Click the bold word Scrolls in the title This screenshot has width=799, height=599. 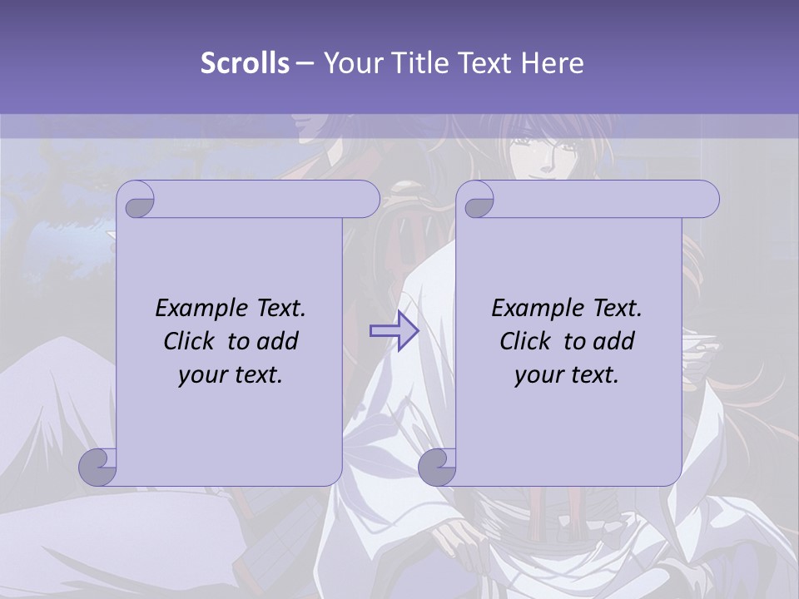(x=246, y=63)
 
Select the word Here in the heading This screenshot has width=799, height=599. (x=552, y=63)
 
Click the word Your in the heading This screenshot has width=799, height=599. (x=350, y=63)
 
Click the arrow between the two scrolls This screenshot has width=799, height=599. (x=395, y=331)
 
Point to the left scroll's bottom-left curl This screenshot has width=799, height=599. (x=98, y=467)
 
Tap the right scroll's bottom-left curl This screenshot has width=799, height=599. (x=437, y=467)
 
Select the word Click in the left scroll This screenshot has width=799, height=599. (x=189, y=341)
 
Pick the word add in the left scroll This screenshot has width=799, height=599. (x=279, y=341)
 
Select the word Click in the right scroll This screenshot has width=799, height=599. (x=525, y=341)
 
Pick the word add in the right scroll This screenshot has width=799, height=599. (x=615, y=341)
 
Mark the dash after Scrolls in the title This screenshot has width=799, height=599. (x=305, y=63)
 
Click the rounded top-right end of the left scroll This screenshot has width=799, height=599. (x=368, y=200)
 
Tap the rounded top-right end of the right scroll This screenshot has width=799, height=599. (x=707, y=200)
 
